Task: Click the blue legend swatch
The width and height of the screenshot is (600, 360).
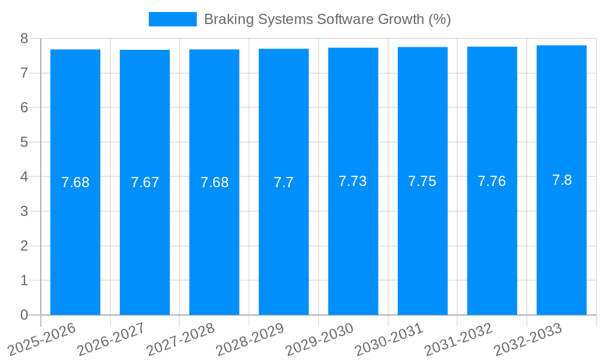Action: (172, 19)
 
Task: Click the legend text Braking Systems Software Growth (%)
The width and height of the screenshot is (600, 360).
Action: (327, 19)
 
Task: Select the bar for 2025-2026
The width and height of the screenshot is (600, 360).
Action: (75, 240)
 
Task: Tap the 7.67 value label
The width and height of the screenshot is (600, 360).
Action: (145, 182)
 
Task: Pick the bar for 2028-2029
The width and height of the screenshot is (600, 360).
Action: (284, 240)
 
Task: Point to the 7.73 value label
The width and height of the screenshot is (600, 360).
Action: (353, 181)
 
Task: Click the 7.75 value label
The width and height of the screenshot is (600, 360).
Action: (422, 181)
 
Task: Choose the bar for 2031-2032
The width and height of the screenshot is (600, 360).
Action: (492, 240)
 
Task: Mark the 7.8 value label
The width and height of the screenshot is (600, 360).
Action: (562, 180)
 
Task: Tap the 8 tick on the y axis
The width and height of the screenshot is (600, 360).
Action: (24, 38)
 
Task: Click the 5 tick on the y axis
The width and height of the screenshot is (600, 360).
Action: (24, 142)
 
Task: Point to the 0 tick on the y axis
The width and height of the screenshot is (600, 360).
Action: (24, 315)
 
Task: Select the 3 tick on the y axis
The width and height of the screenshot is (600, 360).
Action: (24, 211)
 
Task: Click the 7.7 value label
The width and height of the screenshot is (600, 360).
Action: (284, 182)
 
